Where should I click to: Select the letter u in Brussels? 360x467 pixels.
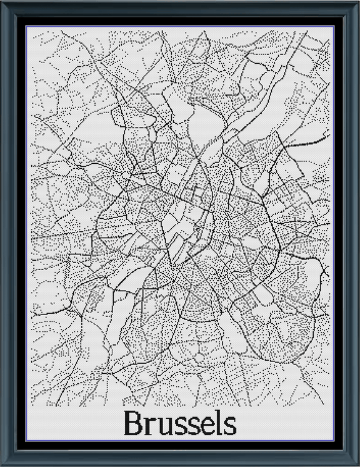click(x=163, y=426)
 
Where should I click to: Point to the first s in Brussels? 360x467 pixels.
click(x=178, y=426)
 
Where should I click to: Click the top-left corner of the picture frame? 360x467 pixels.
click(x=2, y=2)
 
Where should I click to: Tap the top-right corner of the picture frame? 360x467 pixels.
click(x=357, y=2)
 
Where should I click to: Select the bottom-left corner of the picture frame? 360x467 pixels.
click(x=2, y=464)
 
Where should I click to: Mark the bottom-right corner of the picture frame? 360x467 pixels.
click(x=357, y=464)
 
